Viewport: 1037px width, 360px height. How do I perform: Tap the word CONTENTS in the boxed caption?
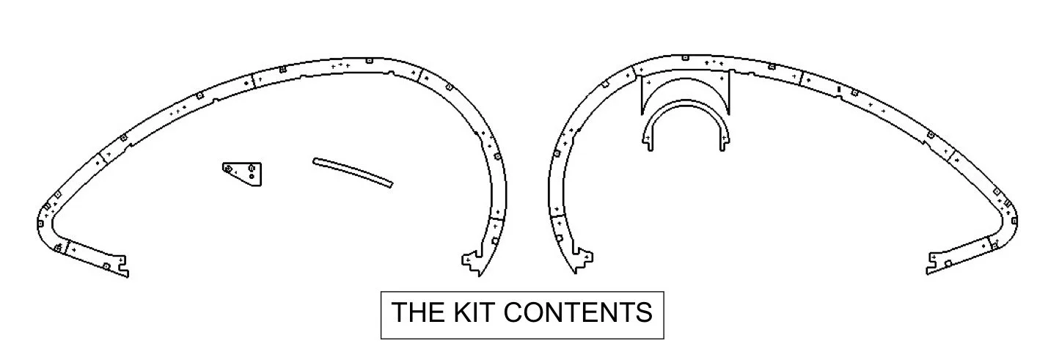point(578,312)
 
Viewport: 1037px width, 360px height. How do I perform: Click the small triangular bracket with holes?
point(245,173)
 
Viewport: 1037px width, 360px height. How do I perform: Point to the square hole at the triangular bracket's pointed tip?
point(228,168)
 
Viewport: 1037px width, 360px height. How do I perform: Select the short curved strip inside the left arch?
point(353,172)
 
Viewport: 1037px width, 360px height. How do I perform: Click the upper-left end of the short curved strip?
point(316,161)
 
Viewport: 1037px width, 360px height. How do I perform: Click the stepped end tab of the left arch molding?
point(472,262)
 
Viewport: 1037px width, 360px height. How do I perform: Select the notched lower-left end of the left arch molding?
point(121,267)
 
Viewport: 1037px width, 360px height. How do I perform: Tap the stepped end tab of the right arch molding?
point(583,260)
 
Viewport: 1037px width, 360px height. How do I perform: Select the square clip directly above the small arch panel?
point(685,58)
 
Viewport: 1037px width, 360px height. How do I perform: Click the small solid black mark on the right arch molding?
point(839,88)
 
